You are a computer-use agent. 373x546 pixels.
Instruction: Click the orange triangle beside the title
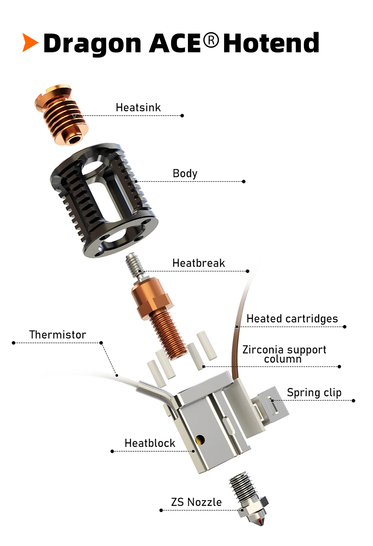coord(30,43)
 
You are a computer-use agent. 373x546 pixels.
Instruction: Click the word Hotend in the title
coord(271,43)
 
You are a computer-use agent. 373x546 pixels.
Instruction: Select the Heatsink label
coord(138,108)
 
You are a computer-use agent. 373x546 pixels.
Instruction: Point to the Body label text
coord(185,174)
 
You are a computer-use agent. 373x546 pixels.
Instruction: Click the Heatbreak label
coord(199,263)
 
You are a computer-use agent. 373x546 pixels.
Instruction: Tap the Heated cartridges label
coord(292,319)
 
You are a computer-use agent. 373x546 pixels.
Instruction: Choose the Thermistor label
coord(58,335)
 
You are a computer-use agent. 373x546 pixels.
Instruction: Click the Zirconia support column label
coord(284,354)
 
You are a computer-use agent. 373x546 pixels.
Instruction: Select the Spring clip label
coord(314,393)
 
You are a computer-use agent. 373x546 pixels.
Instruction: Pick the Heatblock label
coord(150,443)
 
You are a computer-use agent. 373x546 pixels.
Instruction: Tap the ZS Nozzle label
coord(197,502)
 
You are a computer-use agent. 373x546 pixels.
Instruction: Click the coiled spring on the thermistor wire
coord(158,393)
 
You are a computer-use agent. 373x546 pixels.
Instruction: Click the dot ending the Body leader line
coord(244,182)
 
